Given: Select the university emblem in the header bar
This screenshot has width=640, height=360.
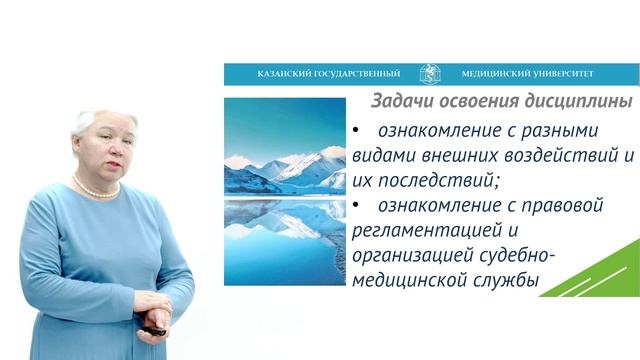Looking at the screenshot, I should point(429,74).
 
